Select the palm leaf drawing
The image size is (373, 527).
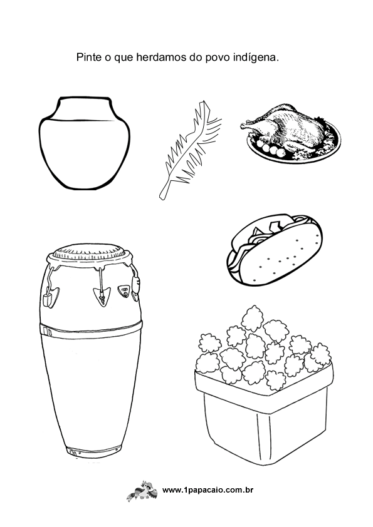[190, 150]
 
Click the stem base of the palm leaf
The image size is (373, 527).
[162, 196]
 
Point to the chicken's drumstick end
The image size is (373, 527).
[244, 126]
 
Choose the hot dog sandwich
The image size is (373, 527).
[275, 249]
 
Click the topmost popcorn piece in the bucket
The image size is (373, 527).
[252, 317]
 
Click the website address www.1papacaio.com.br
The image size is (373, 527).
[208, 490]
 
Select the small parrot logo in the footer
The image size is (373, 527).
[142, 491]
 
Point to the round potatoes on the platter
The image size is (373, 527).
[270, 148]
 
